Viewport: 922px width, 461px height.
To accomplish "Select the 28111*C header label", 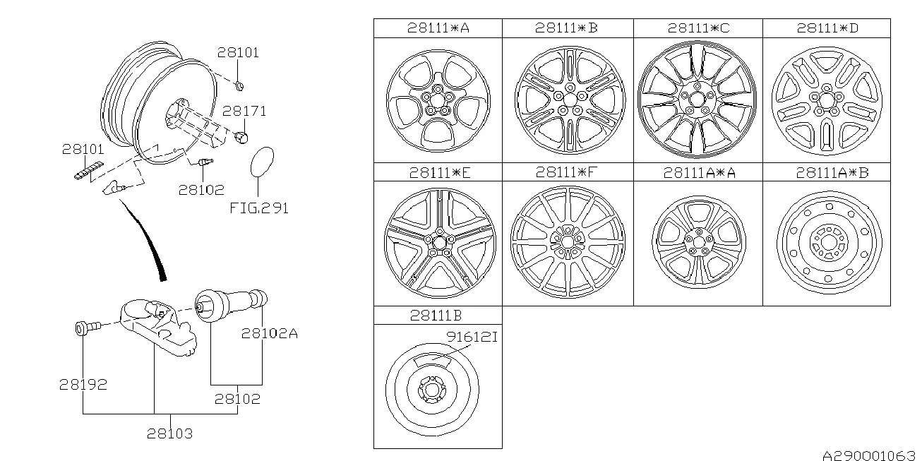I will pos(698,28).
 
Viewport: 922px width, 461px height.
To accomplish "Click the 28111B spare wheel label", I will pos(436,315).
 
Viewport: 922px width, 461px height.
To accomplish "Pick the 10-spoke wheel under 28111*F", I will pos(567,241).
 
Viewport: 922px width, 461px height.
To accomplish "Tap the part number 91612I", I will pos(471,338).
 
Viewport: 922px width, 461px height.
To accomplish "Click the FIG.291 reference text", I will pos(259,208).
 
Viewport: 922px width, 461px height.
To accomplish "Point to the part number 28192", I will pos(83,385).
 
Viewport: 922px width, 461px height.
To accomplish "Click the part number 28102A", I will pos(270,333).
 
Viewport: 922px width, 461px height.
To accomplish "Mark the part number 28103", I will pos(169,433).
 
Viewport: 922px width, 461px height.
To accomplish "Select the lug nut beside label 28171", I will pos(241,136).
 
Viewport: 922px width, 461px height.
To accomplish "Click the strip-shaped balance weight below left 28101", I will pos(88,170).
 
